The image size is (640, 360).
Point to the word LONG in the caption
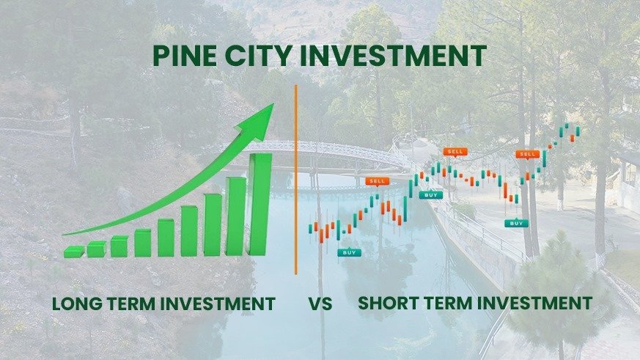(x=78, y=304)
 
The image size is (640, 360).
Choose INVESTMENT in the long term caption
(x=223, y=304)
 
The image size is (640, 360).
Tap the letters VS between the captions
(x=320, y=304)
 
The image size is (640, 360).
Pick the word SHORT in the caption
(x=389, y=302)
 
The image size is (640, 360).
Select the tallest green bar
(x=260, y=204)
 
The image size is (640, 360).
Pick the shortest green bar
(x=73, y=251)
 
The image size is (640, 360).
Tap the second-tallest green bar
(x=236, y=216)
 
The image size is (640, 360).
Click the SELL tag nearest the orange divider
(x=378, y=180)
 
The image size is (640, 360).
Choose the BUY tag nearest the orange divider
(x=349, y=252)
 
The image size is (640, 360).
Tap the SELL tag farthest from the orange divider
(x=527, y=154)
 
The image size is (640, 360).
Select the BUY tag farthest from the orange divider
(x=516, y=223)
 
